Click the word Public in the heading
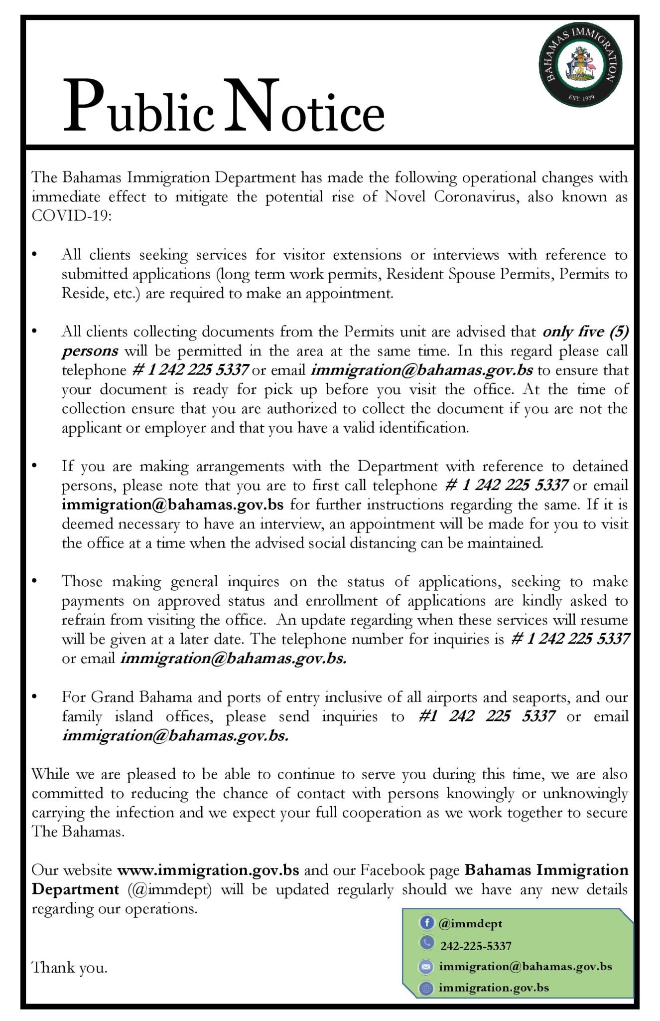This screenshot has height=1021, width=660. tap(138, 108)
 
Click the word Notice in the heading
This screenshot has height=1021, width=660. tap(304, 108)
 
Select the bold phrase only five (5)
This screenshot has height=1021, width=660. tap(585, 332)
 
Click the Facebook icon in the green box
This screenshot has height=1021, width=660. tap(426, 923)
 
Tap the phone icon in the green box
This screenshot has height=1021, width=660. tap(426, 944)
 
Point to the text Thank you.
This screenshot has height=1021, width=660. tap(69, 968)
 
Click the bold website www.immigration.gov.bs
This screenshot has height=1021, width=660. tap(208, 870)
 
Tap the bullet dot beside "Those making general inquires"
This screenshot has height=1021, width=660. tap(34, 581)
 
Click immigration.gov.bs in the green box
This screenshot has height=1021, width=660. tap(493, 988)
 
